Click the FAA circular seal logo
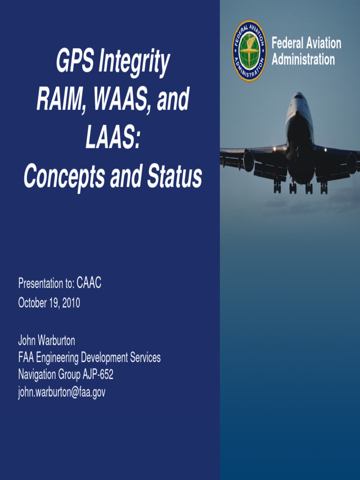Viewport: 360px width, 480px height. [x=249, y=51]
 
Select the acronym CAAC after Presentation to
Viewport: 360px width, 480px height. [x=89, y=283]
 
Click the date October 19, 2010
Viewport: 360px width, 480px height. [x=49, y=303]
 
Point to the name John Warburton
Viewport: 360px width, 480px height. [x=46, y=340]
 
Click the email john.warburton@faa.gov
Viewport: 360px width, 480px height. [x=61, y=393]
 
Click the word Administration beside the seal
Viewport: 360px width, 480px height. [x=303, y=60]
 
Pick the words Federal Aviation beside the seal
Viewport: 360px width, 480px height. [x=307, y=44]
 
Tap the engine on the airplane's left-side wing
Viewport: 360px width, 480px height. [x=248, y=161]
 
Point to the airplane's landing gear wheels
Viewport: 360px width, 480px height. [x=300, y=188]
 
